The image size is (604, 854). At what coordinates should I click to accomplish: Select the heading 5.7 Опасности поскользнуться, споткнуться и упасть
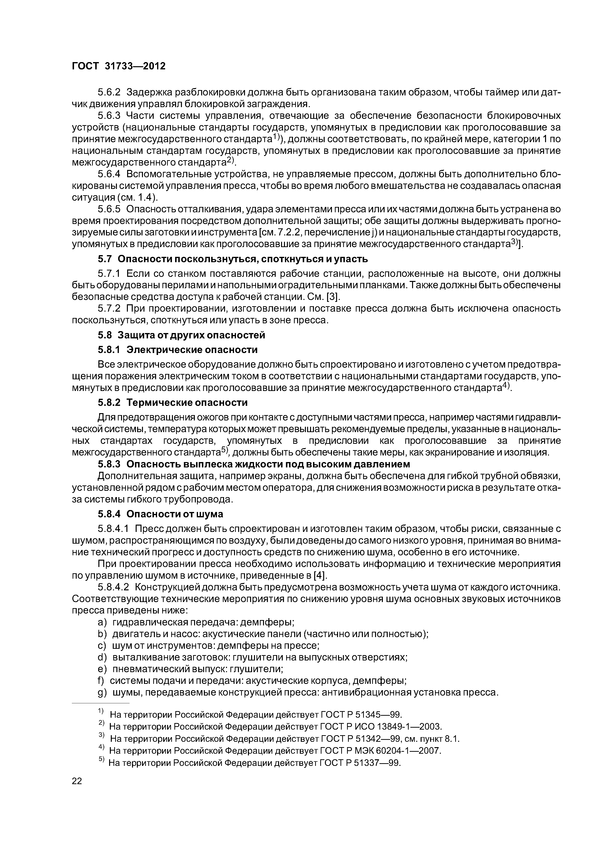tap(233, 259)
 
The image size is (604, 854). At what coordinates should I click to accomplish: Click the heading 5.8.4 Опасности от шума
tap(160, 514)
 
